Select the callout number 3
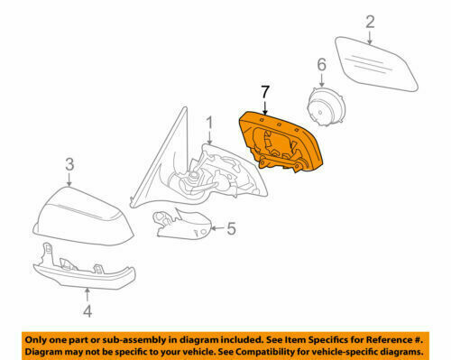click(69, 163)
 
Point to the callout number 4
click(87, 313)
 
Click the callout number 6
click(319, 64)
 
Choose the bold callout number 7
click(263, 91)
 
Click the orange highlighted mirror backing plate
click(281, 140)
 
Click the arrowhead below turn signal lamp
click(87, 291)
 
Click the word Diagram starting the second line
click(47, 350)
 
